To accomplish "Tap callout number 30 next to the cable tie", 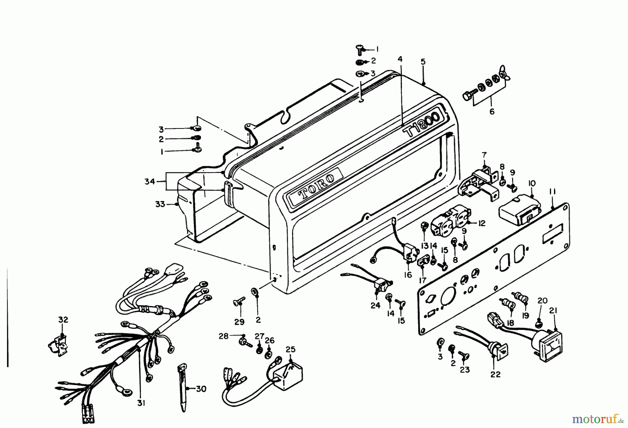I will pyautogui.click(x=201, y=389).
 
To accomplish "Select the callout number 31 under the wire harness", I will pyautogui.click(x=141, y=403).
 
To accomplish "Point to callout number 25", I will pyautogui.click(x=290, y=349).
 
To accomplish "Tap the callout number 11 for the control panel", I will pyautogui.click(x=553, y=192).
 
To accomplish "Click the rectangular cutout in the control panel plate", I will pyautogui.click(x=553, y=238).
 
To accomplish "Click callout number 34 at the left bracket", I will pyautogui.click(x=150, y=182).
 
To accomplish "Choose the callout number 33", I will pyautogui.click(x=160, y=204).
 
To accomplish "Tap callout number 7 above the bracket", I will pyautogui.click(x=484, y=154).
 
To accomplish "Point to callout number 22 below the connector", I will pyautogui.click(x=495, y=375).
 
